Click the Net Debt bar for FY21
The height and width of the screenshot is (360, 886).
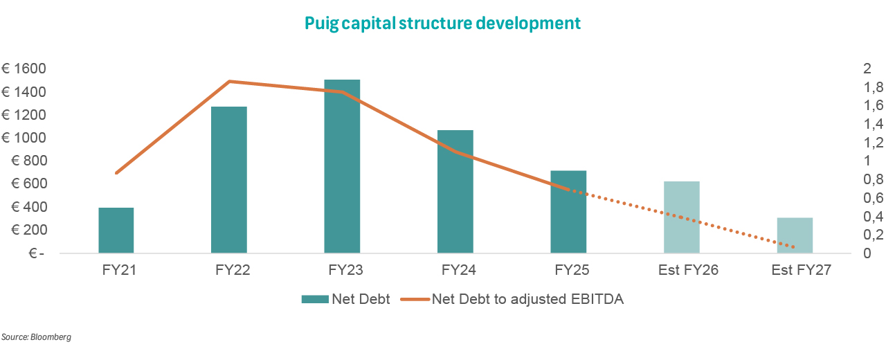(116, 231)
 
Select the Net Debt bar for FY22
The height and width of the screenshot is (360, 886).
(229, 180)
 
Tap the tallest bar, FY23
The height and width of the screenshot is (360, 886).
(342, 166)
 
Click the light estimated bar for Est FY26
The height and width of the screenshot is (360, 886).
(682, 217)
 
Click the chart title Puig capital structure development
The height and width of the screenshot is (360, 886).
(443, 23)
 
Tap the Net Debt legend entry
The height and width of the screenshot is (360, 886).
(346, 299)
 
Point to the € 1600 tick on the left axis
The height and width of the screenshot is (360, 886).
(24, 69)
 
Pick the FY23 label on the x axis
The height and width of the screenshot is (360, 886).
(342, 270)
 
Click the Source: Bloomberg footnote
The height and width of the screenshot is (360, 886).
(36, 337)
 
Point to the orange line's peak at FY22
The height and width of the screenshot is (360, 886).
(229, 81)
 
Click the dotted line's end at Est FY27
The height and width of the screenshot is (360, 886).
(793, 247)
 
